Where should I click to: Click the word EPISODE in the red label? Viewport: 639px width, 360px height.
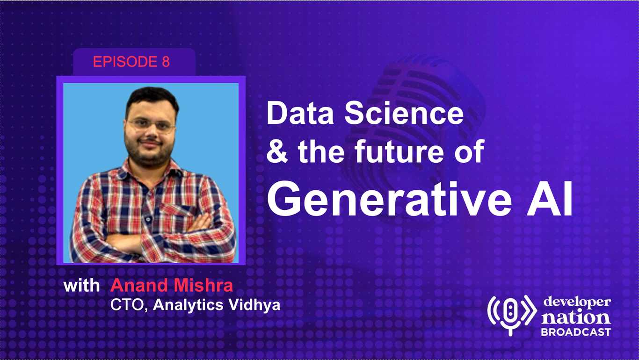pyautogui.click(x=125, y=62)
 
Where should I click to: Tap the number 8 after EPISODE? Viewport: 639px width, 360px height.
pyautogui.click(x=166, y=62)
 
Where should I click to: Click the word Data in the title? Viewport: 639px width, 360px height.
pyautogui.click(x=300, y=114)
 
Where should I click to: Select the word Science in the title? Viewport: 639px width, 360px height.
pyautogui.click(x=404, y=114)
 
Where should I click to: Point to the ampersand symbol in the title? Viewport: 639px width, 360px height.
pyautogui.click(x=277, y=151)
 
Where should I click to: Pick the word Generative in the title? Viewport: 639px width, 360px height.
pyautogui.click(x=389, y=199)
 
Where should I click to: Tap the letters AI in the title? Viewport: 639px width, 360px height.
pyautogui.click(x=550, y=199)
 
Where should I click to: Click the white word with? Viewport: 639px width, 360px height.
pyautogui.click(x=81, y=285)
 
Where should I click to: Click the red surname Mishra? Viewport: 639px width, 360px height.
pyautogui.click(x=203, y=285)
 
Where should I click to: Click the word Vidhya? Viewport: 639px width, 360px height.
pyautogui.click(x=254, y=305)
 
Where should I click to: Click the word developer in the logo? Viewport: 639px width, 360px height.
pyautogui.click(x=577, y=302)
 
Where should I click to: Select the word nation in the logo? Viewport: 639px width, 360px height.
pyautogui.click(x=576, y=317)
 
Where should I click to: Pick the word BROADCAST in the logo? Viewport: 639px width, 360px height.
pyautogui.click(x=576, y=332)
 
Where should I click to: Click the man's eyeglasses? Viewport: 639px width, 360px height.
pyautogui.click(x=151, y=125)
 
